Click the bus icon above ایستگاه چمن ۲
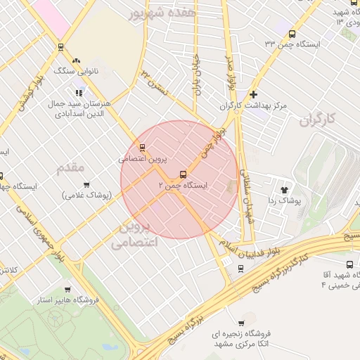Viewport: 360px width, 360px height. [x=184, y=174]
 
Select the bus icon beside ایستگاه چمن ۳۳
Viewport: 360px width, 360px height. [x=292, y=33]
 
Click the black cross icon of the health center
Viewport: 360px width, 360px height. [x=253, y=94]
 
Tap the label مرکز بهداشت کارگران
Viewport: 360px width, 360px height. [x=253, y=105]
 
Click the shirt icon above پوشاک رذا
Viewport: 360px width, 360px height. [x=285, y=189]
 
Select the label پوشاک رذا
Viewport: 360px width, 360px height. [x=285, y=200]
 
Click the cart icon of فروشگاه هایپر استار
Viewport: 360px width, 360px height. [x=67, y=289]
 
